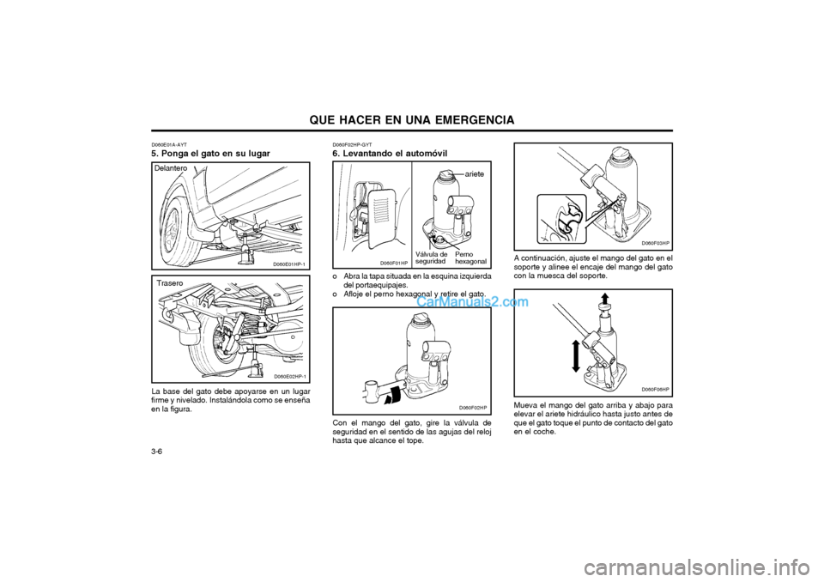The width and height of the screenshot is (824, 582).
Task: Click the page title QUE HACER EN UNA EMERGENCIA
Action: point(411,120)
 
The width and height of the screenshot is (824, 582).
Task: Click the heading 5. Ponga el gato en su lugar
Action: point(211,154)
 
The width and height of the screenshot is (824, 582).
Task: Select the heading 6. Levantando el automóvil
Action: point(390,154)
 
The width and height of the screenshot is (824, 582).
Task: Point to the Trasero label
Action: point(170,283)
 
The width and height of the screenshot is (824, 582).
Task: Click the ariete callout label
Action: point(474,173)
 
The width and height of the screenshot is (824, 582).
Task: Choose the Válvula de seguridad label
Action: point(431,258)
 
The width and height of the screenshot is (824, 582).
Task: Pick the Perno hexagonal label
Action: point(470,258)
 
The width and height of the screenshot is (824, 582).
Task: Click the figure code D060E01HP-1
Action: point(289,264)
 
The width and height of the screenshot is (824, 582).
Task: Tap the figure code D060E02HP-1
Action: point(289,377)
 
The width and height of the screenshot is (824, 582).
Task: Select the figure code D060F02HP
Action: point(472,408)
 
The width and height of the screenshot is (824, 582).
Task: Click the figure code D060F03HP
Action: point(655,243)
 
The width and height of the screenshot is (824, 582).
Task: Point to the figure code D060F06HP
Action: point(655,389)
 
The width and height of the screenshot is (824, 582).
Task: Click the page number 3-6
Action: point(156,452)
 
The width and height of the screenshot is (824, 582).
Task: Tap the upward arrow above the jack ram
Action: point(605,299)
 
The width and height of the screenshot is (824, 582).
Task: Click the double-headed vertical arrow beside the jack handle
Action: point(575,356)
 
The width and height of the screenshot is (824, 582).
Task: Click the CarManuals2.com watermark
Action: point(472,302)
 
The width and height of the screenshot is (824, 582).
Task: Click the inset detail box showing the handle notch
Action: point(561,219)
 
